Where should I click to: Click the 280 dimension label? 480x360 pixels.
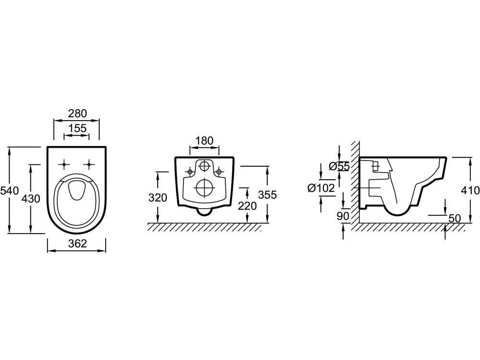point(77,113)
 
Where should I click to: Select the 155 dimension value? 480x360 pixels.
point(77,128)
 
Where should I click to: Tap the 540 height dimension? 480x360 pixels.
point(9,190)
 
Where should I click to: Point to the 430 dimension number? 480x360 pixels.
point(30,198)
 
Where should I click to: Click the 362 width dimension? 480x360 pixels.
point(77,244)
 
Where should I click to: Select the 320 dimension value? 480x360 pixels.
point(157,198)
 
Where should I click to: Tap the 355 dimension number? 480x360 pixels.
point(268,195)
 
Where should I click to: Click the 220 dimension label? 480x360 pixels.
point(247,205)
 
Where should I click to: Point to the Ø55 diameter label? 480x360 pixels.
point(339,166)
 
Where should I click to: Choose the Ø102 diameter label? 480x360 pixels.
point(321,188)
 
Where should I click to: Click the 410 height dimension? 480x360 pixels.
point(470,190)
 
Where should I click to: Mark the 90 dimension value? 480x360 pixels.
point(343,216)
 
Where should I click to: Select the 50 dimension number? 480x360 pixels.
point(454,218)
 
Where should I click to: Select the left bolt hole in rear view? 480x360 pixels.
point(190,171)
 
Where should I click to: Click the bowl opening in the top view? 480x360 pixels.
point(77,190)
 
